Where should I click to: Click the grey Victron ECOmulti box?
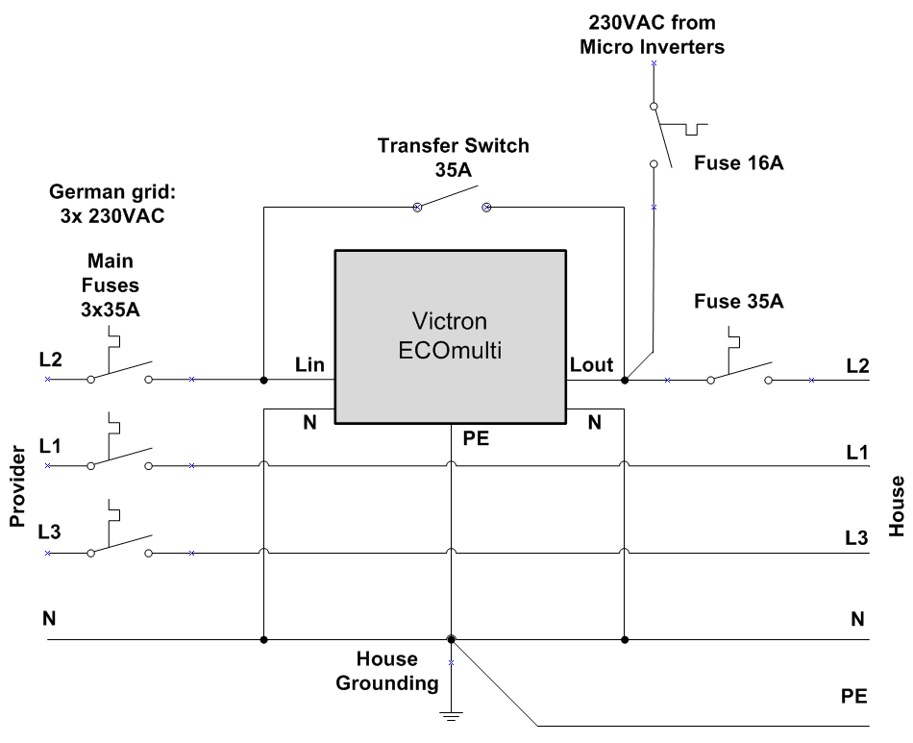tap(450, 336)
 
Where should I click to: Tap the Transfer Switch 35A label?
tap(453, 157)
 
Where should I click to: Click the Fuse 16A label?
tap(738, 164)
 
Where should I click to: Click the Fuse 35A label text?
tap(738, 302)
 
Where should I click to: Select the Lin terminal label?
tap(310, 365)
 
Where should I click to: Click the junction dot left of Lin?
tap(263, 381)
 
